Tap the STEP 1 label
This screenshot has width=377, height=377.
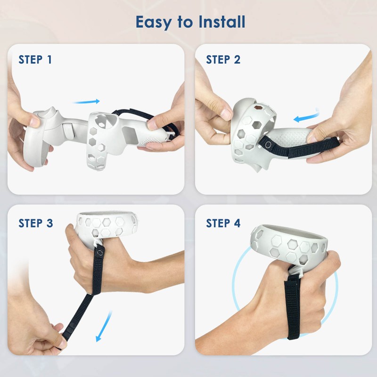(x=35, y=59)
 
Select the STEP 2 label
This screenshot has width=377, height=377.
(x=223, y=59)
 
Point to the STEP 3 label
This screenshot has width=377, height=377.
(x=36, y=223)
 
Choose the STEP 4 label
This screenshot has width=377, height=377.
(x=223, y=223)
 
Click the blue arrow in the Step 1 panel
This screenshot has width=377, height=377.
(x=87, y=101)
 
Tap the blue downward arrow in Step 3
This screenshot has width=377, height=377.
(x=103, y=325)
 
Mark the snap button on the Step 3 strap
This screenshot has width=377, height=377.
(x=99, y=253)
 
